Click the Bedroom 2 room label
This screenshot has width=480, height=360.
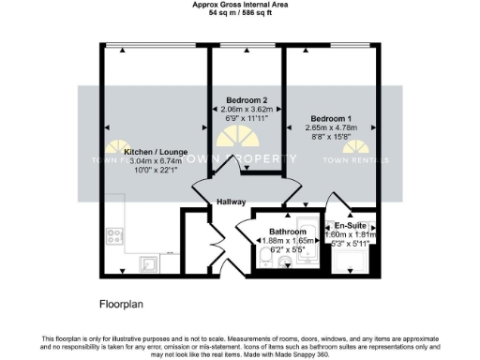coord(247,100)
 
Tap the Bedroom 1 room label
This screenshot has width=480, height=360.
coord(332,119)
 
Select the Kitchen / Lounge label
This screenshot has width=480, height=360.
coord(157,151)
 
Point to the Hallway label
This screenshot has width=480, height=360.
coord(231,202)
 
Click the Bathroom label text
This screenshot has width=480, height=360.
coord(287,231)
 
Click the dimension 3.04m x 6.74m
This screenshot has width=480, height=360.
coord(157,160)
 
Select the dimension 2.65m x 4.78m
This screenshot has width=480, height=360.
coord(332,129)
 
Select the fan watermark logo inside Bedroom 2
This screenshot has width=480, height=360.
coord(231,141)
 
